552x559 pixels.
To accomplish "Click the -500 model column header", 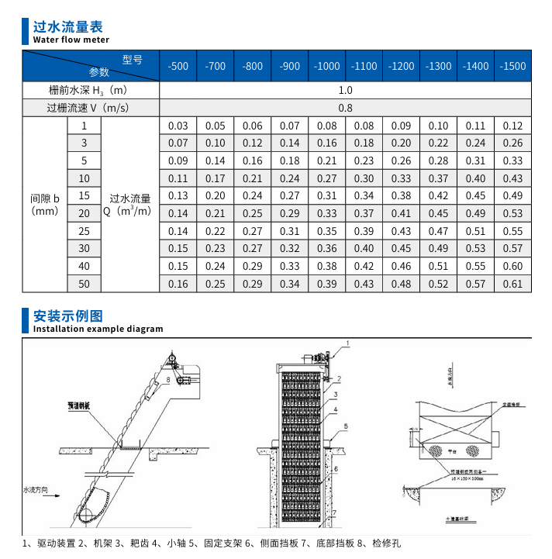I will click(178, 66).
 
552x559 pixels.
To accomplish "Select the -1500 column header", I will click(512, 66).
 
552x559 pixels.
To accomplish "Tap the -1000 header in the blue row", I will click(326, 66).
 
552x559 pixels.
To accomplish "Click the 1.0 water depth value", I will click(345, 91).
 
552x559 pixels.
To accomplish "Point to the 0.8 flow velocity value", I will click(345, 108).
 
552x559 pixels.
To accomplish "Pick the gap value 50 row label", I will click(85, 284).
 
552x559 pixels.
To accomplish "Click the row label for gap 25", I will click(85, 231).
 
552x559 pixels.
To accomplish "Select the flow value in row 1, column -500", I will click(178, 126).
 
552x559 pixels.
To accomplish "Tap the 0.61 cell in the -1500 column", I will click(512, 284).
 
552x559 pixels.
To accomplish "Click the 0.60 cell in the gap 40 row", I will click(512, 266).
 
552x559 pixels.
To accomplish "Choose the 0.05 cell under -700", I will click(216, 126).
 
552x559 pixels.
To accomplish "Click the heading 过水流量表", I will click(67, 27).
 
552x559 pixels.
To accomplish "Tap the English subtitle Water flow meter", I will click(71, 40).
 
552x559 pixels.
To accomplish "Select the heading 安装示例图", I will click(67, 316).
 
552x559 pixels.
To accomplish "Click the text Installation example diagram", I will click(98, 329).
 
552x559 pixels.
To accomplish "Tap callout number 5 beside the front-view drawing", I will click(347, 426).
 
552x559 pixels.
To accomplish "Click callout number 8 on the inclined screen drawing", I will click(167, 380).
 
